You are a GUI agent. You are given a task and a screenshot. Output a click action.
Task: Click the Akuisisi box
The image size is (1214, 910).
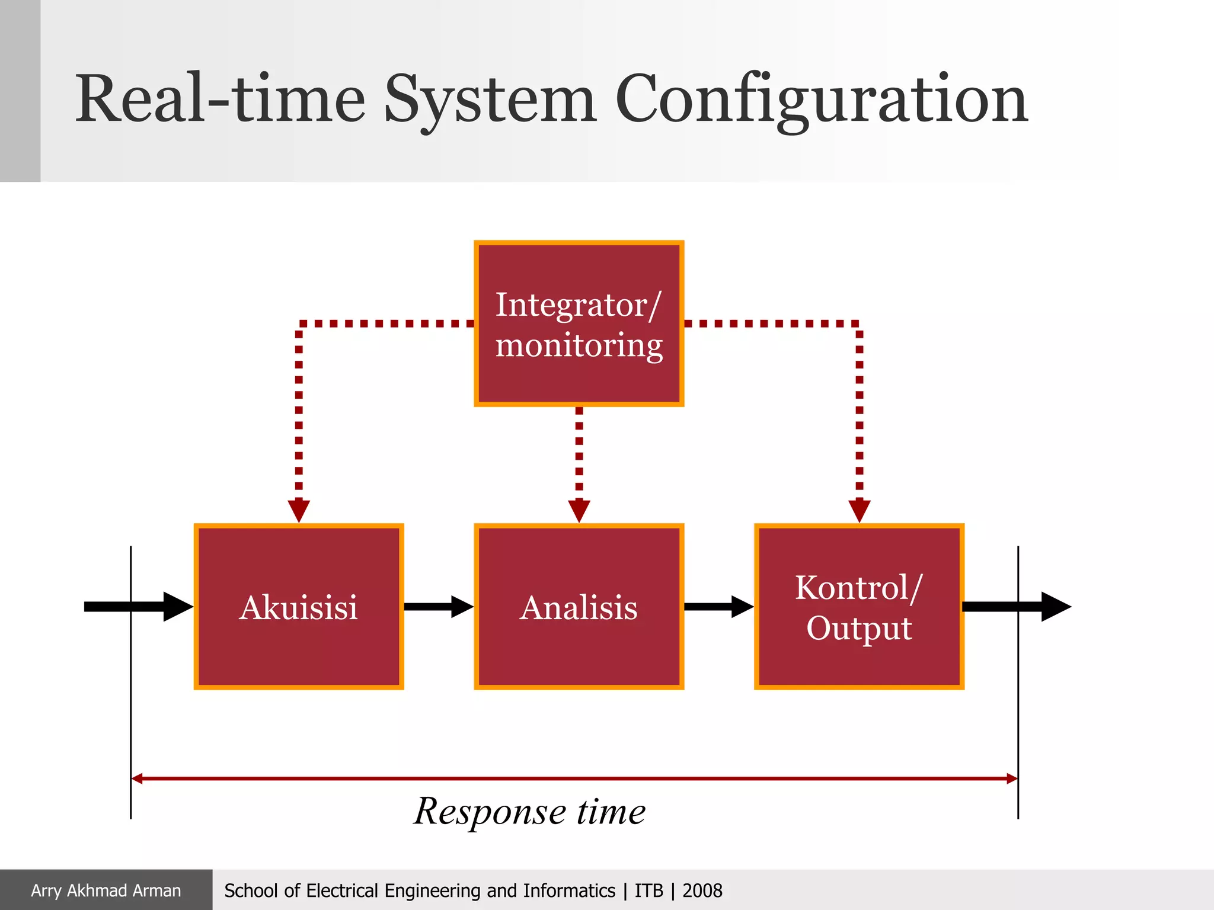click(x=299, y=607)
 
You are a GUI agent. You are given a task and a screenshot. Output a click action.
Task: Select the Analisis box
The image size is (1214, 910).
click(x=579, y=607)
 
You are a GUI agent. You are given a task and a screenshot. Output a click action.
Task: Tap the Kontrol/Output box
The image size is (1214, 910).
click(x=859, y=607)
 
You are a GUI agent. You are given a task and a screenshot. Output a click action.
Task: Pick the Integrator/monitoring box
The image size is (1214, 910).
click(x=579, y=323)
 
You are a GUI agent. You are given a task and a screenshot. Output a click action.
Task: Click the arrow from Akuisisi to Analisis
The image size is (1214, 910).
click(x=439, y=607)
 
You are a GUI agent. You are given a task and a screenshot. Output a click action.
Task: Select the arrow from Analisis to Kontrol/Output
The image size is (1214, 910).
click(x=718, y=607)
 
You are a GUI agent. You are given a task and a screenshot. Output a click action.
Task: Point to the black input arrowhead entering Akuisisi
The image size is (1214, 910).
click(x=177, y=607)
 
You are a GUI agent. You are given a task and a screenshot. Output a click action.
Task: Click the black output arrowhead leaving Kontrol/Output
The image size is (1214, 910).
click(x=1055, y=607)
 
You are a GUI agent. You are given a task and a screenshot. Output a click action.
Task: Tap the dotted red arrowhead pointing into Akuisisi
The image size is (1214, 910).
click(x=299, y=510)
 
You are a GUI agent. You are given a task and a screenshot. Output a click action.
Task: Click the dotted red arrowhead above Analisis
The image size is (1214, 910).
click(x=579, y=510)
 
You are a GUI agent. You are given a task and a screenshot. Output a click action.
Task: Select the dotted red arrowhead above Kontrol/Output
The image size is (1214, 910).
click(x=860, y=510)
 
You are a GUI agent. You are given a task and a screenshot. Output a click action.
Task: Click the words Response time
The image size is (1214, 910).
click(x=529, y=812)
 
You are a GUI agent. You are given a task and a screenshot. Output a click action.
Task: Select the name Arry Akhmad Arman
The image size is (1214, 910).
click(x=106, y=890)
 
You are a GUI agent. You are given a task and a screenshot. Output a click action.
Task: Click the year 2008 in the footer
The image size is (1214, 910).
click(x=702, y=890)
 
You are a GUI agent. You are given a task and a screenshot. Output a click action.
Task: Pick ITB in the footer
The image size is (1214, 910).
click(x=648, y=890)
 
